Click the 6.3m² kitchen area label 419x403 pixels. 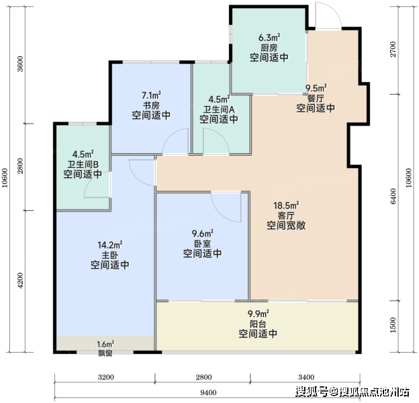tap(269, 38)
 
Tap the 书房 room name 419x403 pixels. tap(151, 105)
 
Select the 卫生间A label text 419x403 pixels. tap(219, 109)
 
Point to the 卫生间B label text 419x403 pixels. tap(83, 164)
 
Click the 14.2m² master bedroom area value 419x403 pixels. tap(110, 244)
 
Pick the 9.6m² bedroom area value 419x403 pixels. tap(202, 233)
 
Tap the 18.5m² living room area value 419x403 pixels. tap(286, 206)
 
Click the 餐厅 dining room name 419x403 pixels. tap(316, 98)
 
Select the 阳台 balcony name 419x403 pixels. tap(258, 324)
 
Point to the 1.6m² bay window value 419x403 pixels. tap(105, 344)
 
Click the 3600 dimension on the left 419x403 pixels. tap(20, 64)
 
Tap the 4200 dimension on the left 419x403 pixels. tap(20, 280)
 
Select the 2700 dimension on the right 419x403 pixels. tap(393, 49)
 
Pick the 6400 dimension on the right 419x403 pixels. tap(393, 196)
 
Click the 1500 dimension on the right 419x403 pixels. tap(393, 325)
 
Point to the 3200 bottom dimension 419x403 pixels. tap(106, 377)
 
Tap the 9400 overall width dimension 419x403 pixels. tap(208, 392)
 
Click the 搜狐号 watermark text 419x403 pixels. tap(312, 392)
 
